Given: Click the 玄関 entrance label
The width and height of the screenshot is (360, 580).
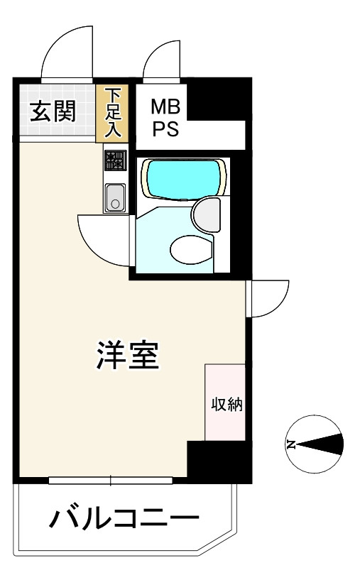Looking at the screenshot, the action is click(53, 111).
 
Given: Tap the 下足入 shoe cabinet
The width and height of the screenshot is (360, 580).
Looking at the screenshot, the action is click(112, 113).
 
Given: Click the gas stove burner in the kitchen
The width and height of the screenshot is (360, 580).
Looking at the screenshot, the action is click(116, 160).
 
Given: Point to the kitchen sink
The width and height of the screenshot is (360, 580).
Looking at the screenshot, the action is click(116, 198).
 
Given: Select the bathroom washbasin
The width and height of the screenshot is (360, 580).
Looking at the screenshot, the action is click(207, 214).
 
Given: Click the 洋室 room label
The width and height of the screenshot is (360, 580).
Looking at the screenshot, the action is click(128, 355).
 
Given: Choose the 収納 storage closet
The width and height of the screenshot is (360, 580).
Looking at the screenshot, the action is click(225, 403).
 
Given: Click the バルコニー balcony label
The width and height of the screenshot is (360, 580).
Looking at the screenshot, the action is click(124, 519).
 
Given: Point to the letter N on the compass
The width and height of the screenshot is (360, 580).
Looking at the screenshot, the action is click(291, 444).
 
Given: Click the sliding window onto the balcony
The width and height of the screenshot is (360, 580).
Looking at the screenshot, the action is click(111, 481).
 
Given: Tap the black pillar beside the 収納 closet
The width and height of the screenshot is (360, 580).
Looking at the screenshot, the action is click(219, 462).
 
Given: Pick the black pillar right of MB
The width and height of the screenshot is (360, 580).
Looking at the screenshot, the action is click(219, 99).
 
